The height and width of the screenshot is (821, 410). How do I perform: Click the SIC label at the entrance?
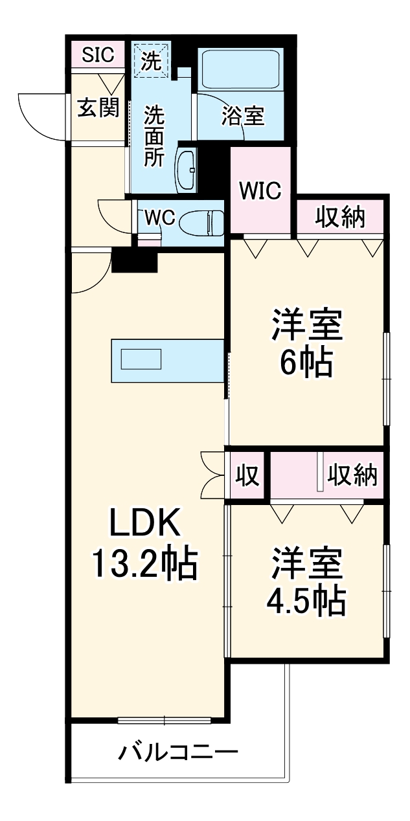pyautogui.click(x=98, y=54)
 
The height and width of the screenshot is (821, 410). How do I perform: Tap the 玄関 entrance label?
pyautogui.click(x=98, y=108)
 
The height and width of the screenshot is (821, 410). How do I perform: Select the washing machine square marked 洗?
pyautogui.click(x=151, y=61)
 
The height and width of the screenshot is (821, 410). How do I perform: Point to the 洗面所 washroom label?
pyautogui.click(x=154, y=136)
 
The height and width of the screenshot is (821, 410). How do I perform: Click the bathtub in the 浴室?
pyautogui.click(x=240, y=69)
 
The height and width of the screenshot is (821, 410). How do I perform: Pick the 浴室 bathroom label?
pyautogui.click(x=243, y=117)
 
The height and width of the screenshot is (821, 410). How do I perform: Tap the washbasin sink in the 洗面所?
pyautogui.click(x=187, y=170)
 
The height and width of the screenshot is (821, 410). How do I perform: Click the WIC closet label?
pyautogui.click(x=260, y=191)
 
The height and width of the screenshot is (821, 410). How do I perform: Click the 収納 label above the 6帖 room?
pyautogui.click(x=341, y=217)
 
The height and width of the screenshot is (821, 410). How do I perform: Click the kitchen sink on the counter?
pyautogui.click(x=141, y=359)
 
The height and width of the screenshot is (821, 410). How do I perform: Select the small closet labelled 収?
pyautogui.click(x=247, y=477)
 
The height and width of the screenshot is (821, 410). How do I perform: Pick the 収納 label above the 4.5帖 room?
pyautogui.click(x=352, y=477)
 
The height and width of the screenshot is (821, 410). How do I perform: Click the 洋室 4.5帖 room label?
pyautogui.click(x=306, y=581)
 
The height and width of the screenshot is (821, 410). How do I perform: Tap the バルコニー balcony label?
pyautogui.click(x=178, y=752)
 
